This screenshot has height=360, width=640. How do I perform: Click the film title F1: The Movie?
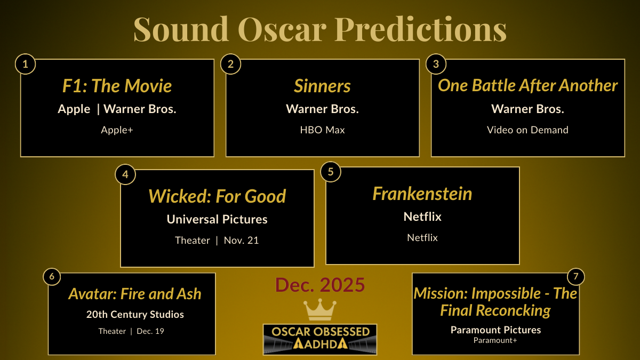tap(117, 86)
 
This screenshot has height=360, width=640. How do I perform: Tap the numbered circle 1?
tap(25, 65)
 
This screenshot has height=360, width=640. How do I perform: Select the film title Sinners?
tap(322, 86)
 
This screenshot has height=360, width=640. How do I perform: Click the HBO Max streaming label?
tap(322, 130)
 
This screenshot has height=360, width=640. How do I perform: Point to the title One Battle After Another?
tap(527, 86)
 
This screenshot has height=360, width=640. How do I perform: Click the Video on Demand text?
tap(527, 130)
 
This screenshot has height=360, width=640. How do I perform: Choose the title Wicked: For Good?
tap(217, 196)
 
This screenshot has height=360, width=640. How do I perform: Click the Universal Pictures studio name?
tap(217, 219)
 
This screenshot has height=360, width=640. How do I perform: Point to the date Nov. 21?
tap(241, 241)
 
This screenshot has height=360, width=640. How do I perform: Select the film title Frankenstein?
tap(422, 194)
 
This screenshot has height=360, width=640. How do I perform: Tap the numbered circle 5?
tap(331, 172)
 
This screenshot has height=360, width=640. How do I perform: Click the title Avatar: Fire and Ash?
tap(135, 294)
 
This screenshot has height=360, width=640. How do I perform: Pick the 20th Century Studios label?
tap(135, 315)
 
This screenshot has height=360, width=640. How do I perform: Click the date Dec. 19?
tap(150, 331)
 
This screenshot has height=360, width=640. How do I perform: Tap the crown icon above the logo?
tap(319, 310)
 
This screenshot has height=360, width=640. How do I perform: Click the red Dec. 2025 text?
tap(320, 285)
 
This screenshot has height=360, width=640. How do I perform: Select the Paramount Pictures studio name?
tap(495, 330)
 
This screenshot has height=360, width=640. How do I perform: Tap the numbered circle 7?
tap(575, 276)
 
